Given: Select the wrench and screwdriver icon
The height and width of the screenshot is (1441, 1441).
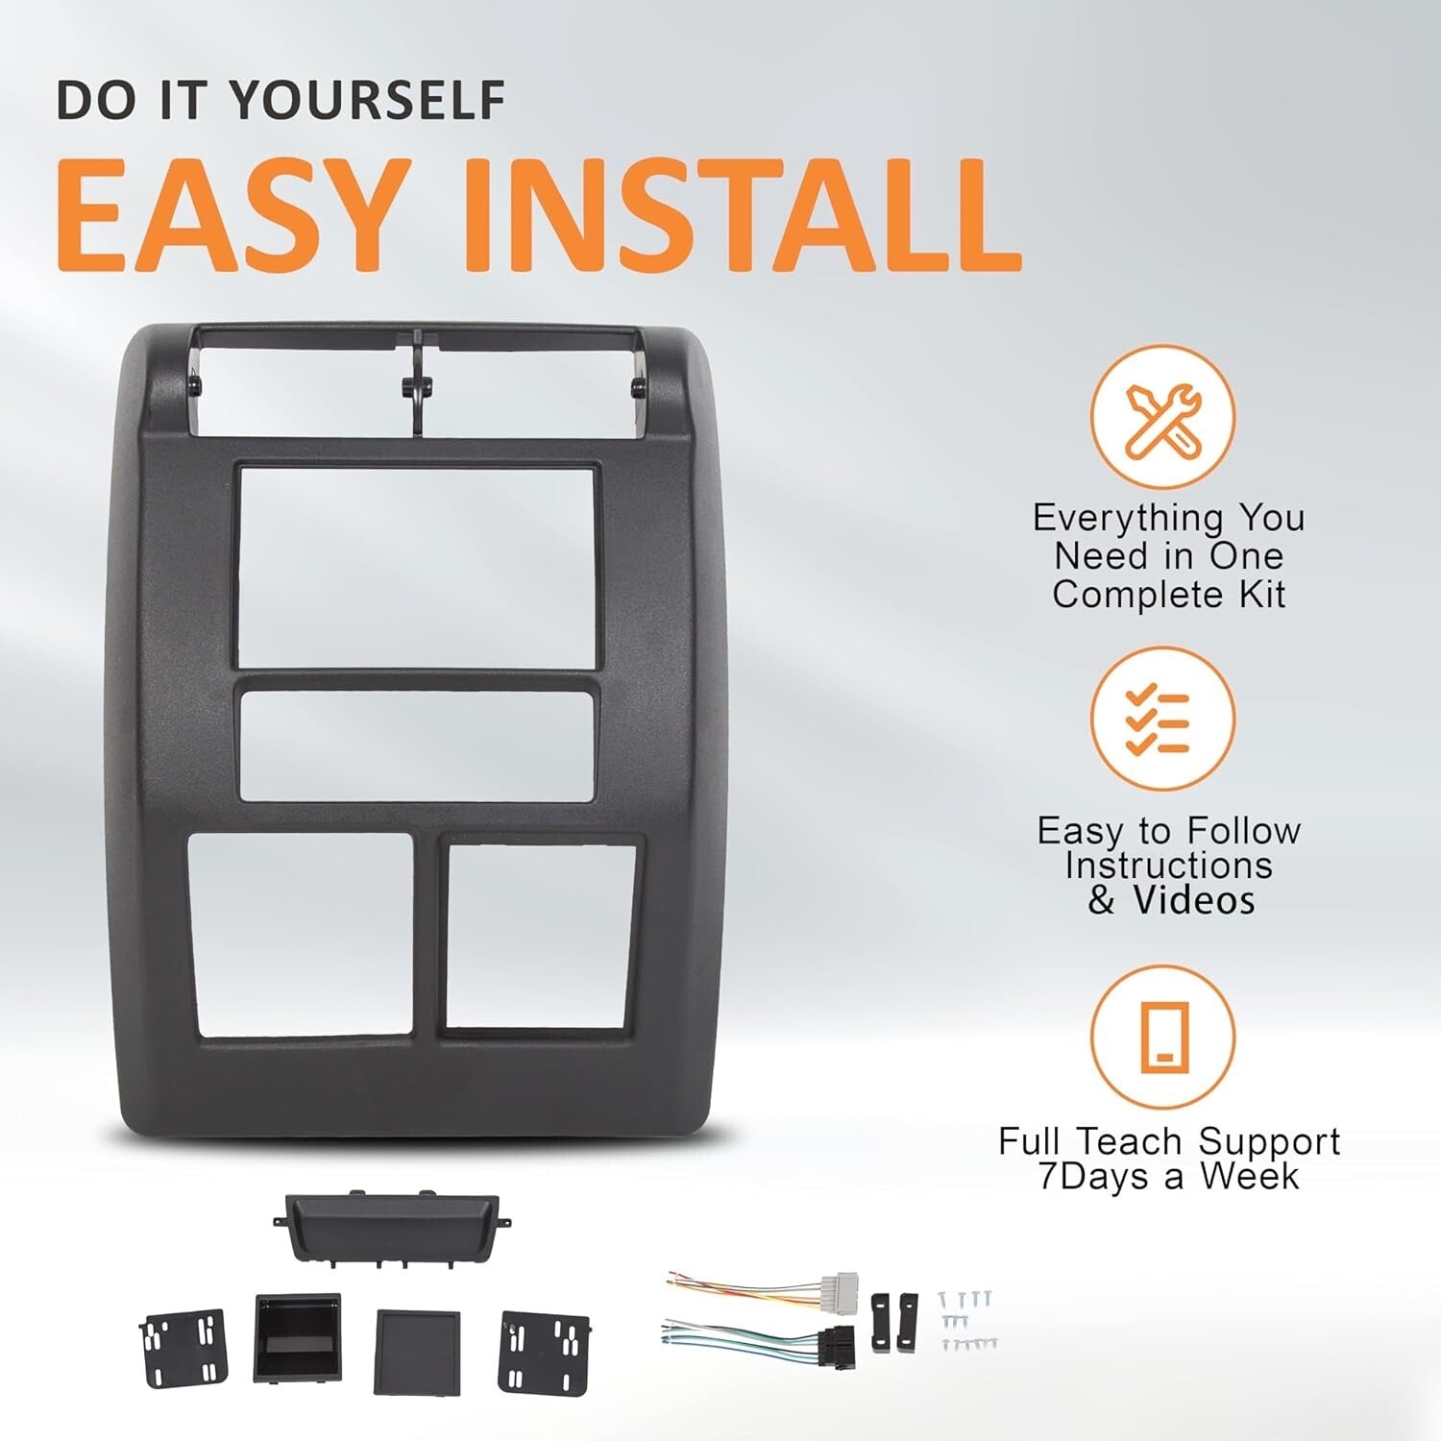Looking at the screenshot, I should tap(1161, 418).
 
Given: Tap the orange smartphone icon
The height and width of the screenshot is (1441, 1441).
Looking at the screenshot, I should tap(1161, 1037).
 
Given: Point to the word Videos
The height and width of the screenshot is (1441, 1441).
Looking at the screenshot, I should tap(1193, 901).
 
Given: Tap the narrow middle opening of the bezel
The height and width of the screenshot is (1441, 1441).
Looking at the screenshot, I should tap(415, 745).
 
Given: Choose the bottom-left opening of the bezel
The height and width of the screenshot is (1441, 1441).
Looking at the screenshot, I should tap(301, 935).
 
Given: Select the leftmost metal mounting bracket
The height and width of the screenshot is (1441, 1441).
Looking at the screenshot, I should tap(182, 1347).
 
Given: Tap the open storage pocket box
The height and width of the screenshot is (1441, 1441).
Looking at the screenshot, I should tap(297, 1337).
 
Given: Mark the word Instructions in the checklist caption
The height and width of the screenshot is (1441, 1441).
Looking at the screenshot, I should tap(1168, 866).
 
